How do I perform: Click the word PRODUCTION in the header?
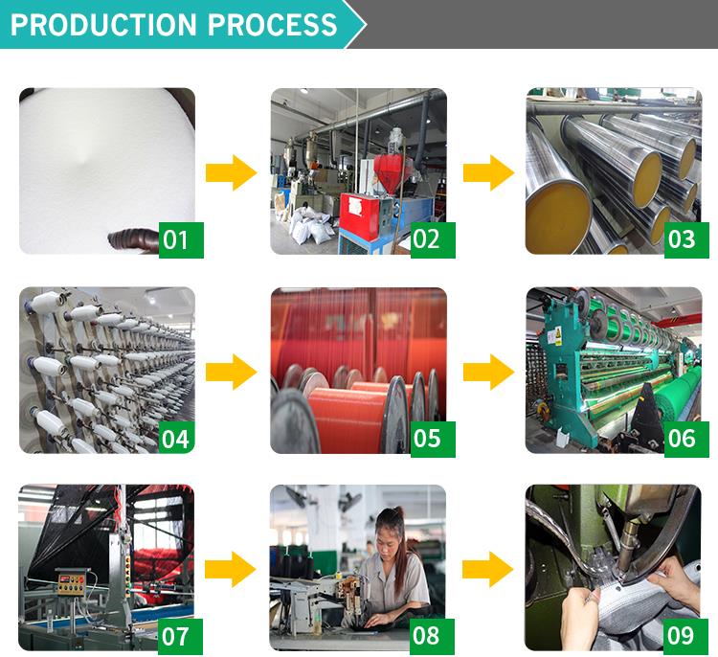click(x=103, y=24)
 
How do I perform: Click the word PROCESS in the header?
click(x=273, y=24)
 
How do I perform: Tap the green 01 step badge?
click(x=181, y=240)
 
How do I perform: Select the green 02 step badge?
click(x=433, y=240)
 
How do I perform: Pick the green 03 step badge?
click(x=686, y=240)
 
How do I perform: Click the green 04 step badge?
click(x=181, y=439)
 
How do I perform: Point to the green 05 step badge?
click(x=433, y=439)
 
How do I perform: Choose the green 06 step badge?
click(x=686, y=439)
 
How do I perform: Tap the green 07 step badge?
click(x=180, y=637)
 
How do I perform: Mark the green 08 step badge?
click(x=432, y=637)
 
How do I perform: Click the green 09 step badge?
click(x=685, y=637)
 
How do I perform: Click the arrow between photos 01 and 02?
click(x=232, y=172)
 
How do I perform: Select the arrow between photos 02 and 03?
click(x=488, y=172)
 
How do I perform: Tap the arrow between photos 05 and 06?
click(x=488, y=372)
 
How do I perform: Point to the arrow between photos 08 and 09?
click(x=487, y=570)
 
